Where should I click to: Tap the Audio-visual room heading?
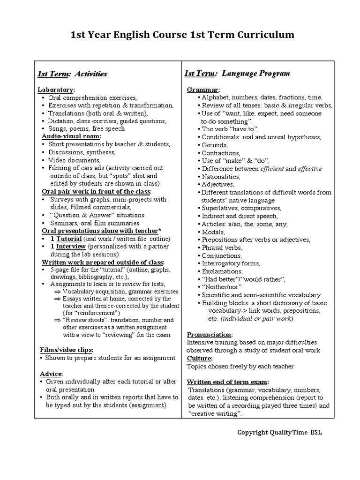[x=71, y=136]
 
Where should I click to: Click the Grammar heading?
[x=203, y=90]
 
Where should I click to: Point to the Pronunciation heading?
[x=210, y=334]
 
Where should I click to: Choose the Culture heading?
[x=199, y=358]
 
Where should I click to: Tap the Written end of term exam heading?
[x=228, y=382]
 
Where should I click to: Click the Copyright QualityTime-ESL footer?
[x=279, y=432]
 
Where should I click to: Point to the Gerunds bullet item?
[x=215, y=145]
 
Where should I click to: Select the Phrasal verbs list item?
[x=222, y=247]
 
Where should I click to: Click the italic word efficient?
[x=272, y=169]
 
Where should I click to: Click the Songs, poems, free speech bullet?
[x=86, y=128]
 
